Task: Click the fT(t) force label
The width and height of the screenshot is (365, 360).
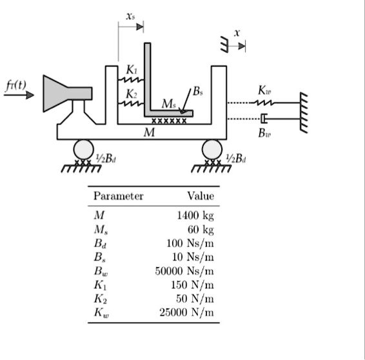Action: (17, 83)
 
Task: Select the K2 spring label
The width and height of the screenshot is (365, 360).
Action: (131, 94)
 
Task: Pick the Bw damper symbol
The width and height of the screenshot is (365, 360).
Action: (263, 119)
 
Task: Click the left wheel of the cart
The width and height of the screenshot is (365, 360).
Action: (83, 150)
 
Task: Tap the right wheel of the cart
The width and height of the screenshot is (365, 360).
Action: (212, 150)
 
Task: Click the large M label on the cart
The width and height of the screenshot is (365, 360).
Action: (150, 132)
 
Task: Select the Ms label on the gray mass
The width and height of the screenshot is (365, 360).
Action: (168, 104)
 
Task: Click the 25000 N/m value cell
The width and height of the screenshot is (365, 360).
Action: (186, 313)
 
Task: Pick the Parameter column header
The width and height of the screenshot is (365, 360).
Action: (118, 196)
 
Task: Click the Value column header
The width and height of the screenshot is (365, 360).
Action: (200, 196)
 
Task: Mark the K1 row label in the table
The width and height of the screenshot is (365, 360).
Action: (99, 285)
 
